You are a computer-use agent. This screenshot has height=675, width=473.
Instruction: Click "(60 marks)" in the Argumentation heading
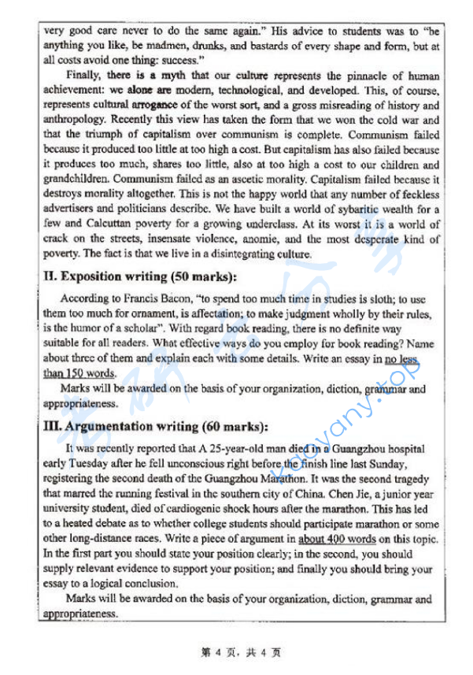tap(235, 427)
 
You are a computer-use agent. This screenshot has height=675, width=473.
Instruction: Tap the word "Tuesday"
tap(86, 462)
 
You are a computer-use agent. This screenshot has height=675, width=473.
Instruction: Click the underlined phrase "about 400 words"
tap(338, 539)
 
